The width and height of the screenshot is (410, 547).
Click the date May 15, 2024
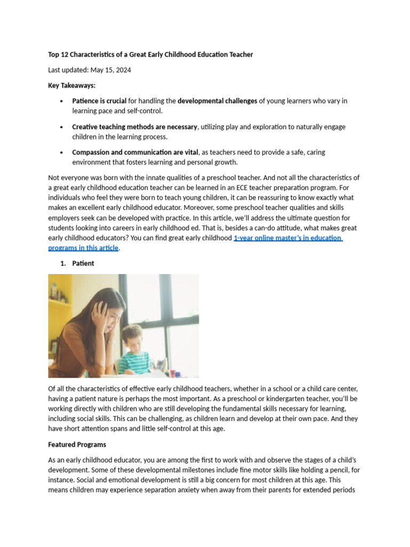click(111, 70)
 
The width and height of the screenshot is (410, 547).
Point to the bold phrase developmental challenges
click(217, 101)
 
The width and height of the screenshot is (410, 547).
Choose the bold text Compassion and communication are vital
click(135, 152)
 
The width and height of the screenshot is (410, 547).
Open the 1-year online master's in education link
click(287, 238)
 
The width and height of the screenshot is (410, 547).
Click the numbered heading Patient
click(83, 263)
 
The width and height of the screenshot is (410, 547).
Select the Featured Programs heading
click(77, 444)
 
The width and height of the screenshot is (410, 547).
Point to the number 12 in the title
click(67, 54)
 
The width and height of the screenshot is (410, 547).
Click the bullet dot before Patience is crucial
click(62, 101)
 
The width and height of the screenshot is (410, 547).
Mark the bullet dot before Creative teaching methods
click(62, 127)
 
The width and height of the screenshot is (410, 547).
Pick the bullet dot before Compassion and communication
click(62, 152)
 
